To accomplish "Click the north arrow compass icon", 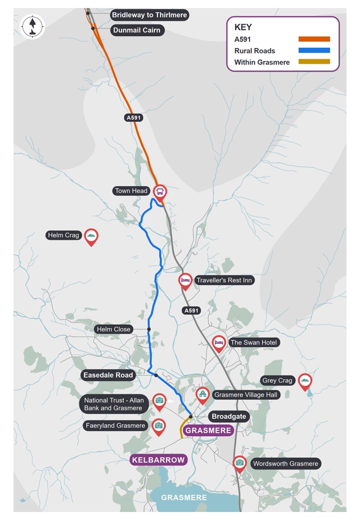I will [32, 26].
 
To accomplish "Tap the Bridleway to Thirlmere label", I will [149, 15].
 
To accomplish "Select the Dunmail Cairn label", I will [137, 30].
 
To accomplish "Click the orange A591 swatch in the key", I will [314, 39].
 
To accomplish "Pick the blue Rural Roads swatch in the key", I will [314, 50].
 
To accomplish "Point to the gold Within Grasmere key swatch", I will [314, 62].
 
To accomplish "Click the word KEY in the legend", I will [243, 27].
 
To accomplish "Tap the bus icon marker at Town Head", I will [160, 191].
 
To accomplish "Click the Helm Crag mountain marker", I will [91, 235].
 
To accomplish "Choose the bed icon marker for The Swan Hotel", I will [218, 342].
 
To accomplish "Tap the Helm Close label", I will [114, 329].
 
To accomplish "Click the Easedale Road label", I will [108, 375].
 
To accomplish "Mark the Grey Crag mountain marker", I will [304, 380].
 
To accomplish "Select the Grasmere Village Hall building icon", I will [202, 394].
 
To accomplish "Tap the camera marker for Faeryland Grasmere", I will [158, 425].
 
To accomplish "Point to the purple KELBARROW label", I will [158, 459].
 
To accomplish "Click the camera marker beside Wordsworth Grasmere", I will [240, 463].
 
